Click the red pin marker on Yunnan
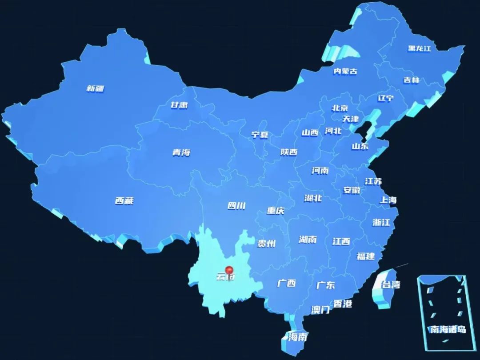coord(229,270)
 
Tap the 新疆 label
coord(95,88)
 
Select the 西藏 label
coord(124,201)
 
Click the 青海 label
coord(181,152)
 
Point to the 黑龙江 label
coord(420,48)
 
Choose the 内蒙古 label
coord(345,71)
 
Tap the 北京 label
coord(340,108)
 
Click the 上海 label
coord(388,200)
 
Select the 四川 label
coord(236,205)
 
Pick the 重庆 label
coord(276,211)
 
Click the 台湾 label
coord(391,284)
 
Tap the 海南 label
coord(297,336)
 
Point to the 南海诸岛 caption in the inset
coord(448,329)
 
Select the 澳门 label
coord(320,310)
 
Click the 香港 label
coord(343,304)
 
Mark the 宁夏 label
coord(260,135)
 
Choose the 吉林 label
coord(411,80)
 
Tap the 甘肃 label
coord(179,105)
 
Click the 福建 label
coord(365,256)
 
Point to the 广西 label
coord(286,283)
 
